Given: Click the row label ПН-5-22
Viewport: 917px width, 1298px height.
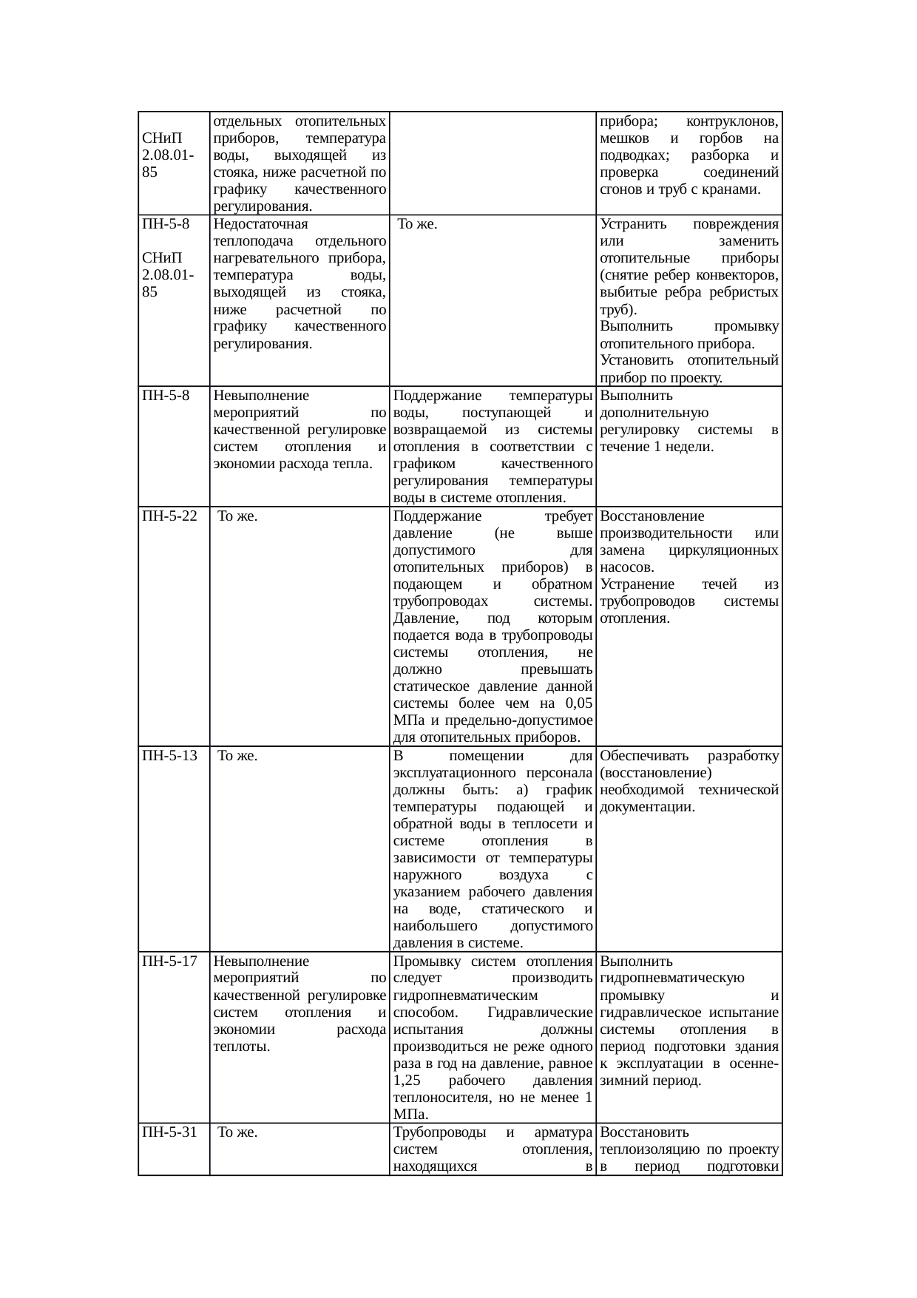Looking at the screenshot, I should (169, 516).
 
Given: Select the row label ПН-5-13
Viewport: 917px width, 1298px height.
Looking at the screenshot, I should (169, 756).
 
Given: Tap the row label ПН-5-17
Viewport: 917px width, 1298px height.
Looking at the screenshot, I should (169, 961).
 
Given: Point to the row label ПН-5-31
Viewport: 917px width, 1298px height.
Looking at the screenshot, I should (169, 1132).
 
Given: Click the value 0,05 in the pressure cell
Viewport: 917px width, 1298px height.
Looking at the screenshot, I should (577, 703).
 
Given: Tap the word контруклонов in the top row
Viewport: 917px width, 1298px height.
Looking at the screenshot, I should (731, 121).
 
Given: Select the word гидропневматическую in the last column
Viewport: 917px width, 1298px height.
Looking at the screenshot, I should (672, 978).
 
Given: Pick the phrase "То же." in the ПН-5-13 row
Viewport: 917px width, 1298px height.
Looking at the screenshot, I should (237, 756).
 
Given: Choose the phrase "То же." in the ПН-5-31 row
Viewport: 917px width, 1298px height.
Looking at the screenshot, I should (237, 1132).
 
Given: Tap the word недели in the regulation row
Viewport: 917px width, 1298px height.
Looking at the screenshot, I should (691, 447).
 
